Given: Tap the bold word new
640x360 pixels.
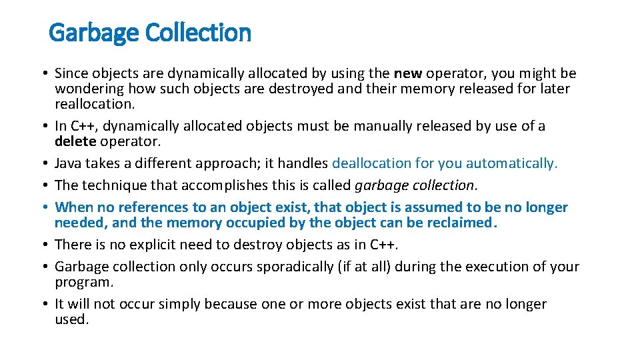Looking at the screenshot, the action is click(x=408, y=73).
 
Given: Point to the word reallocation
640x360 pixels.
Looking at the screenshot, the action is click(x=94, y=104).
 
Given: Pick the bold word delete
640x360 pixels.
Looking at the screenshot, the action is click(x=76, y=141).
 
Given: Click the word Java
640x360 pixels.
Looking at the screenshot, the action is click(x=69, y=163).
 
